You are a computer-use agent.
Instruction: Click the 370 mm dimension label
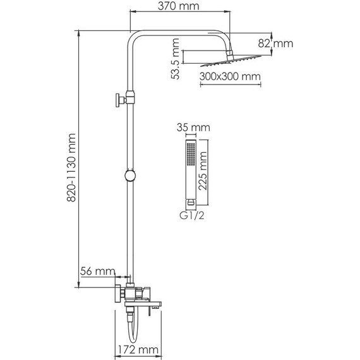177,8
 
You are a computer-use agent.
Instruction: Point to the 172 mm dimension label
139,349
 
